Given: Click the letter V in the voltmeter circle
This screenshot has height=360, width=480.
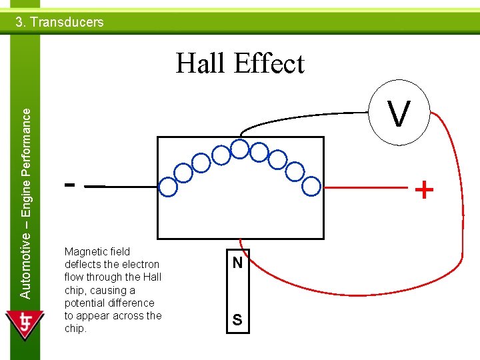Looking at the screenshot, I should click(x=399, y=115).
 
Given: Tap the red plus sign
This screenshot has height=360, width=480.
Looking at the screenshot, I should click(x=424, y=191).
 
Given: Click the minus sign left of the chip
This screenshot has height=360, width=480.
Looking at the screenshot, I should click(x=69, y=183).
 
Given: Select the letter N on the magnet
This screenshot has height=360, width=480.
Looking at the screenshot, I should click(x=237, y=263).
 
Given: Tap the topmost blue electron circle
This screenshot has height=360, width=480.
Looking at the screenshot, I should click(x=239, y=147).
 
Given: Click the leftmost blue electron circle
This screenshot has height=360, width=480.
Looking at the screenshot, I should click(x=169, y=188).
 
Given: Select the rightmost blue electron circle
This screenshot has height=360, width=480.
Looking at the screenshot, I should click(x=311, y=188).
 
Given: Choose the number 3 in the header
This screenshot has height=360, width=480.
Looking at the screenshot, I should click(x=19, y=22).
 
